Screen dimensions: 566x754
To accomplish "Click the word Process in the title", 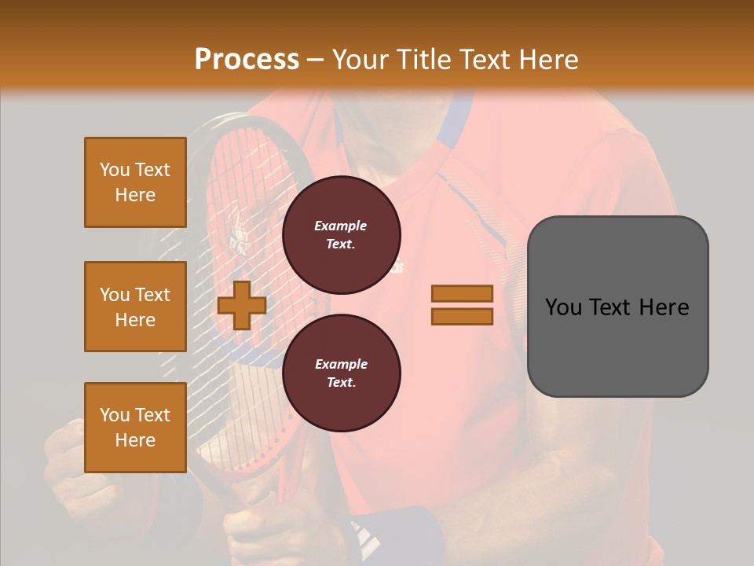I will (247, 59).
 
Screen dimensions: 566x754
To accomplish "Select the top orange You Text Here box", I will (135, 182).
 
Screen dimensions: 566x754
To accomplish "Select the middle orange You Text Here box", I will (135, 307).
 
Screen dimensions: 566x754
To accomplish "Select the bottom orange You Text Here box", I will (135, 428).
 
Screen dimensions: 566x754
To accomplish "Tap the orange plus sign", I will (241, 305).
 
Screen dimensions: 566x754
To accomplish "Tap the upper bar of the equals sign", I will (462, 293).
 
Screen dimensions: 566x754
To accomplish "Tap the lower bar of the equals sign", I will (462, 316).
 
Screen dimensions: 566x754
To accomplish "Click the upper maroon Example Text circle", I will (341, 234).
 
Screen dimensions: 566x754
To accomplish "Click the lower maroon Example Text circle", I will (341, 373).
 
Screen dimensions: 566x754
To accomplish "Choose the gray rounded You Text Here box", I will (617, 307).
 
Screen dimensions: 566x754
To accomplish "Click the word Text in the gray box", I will (617, 307).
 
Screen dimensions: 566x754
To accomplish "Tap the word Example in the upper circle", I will (341, 226).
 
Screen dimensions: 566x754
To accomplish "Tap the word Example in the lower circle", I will (341, 364).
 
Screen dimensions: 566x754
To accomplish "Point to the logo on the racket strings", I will (238, 238).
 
